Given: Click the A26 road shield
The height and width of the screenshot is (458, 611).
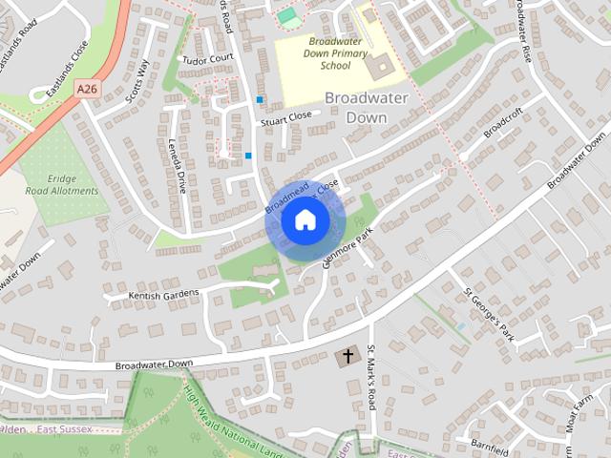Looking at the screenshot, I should coord(88,89).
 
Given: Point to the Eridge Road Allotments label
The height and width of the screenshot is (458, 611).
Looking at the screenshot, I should coord(74,184).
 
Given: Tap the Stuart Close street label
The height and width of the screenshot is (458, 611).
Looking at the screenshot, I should coord(285,115).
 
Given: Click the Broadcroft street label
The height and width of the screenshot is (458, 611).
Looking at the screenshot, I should coord(504,129).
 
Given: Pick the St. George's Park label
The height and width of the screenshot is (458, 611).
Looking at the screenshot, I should coord(489,314).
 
